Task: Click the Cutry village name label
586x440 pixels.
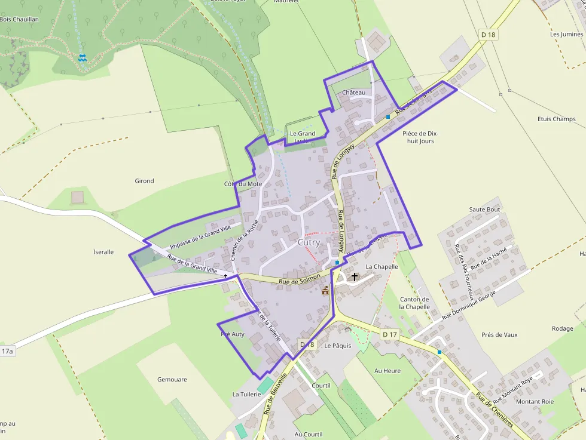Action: pyautogui.click(x=309, y=242)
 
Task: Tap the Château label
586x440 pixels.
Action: pyautogui.click(x=354, y=93)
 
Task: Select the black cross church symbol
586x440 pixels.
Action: pyautogui.click(x=355, y=277)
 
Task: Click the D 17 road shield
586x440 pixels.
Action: pyautogui.click(x=389, y=334)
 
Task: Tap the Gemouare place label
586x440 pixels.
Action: pyautogui.click(x=172, y=380)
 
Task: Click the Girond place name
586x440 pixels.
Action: pyautogui.click(x=144, y=181)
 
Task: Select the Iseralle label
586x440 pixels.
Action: pyautogui.click(x=103, y=252)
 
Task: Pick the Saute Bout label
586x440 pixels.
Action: pyautogui.click(x=484, y=210)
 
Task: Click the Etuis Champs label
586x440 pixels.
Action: pyautogui.click(x=556, y=119)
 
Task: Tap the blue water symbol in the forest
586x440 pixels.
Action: pyautogui.click(x=83, y=58)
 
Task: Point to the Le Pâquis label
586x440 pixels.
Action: pyautogui.click(x=338, y=346)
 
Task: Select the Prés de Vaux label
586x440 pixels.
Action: pyautogui.click(x=499, y=335)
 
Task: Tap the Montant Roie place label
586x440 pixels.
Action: pyautogui.click(x=535, y=402)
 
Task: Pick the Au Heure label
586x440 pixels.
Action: pyautogui.click(x=387, y=371)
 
